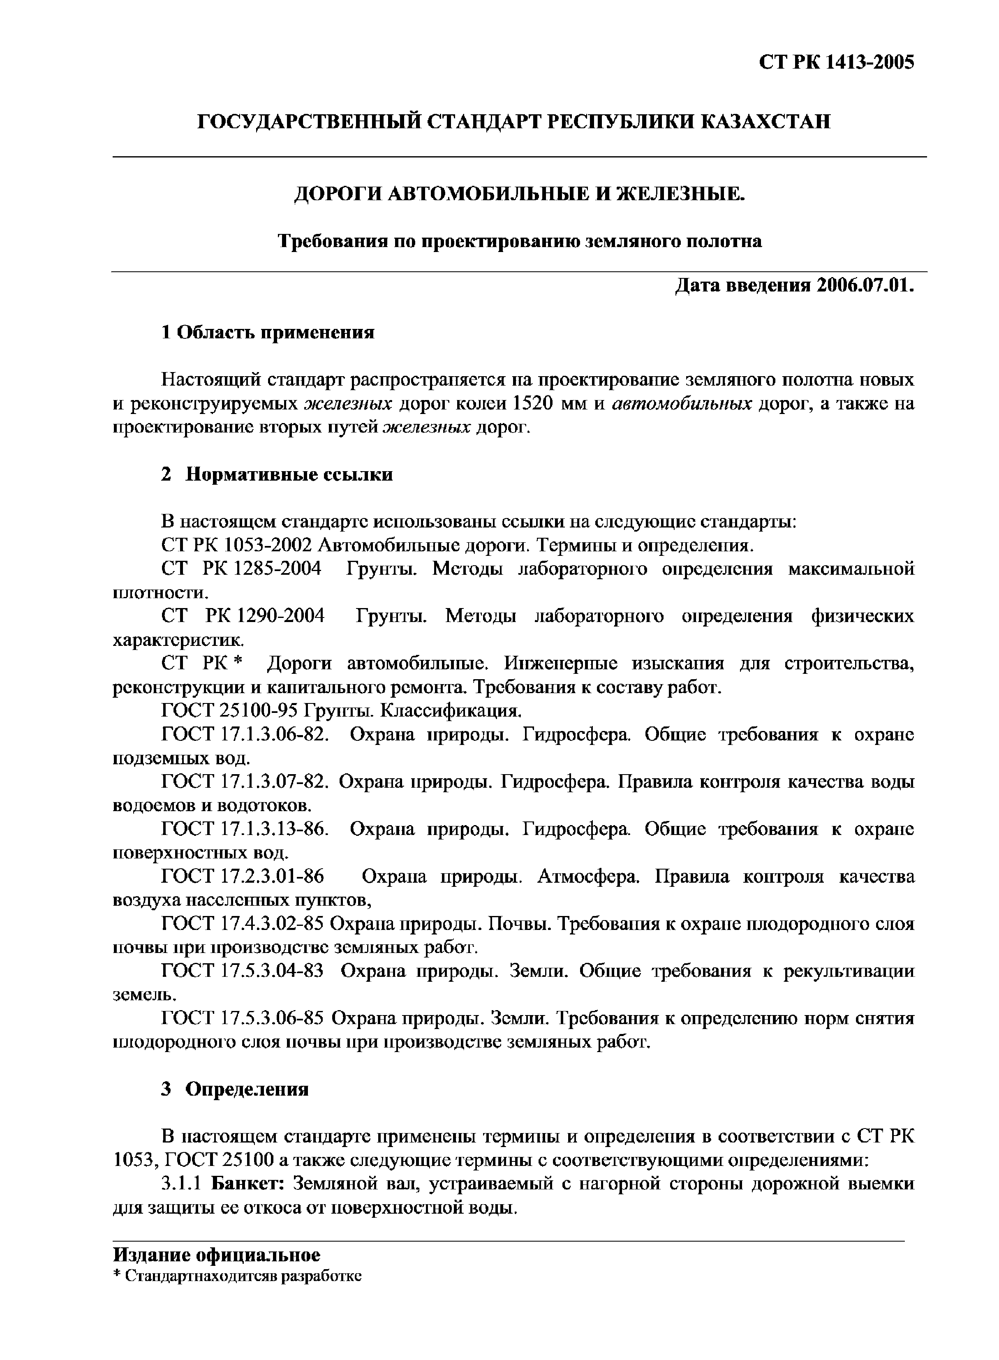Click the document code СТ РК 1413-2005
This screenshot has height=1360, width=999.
pyautogui.click(x=836, y=62)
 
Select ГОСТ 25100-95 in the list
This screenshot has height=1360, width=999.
pyautogui.click(x=230, y=710)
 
